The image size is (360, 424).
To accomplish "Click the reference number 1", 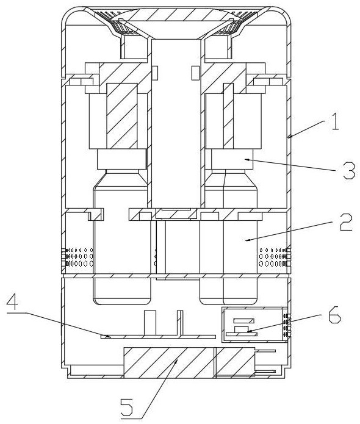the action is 335,123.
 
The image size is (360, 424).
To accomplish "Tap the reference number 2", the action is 346,222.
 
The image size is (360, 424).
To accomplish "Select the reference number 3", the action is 349,171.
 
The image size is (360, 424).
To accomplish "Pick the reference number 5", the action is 127,408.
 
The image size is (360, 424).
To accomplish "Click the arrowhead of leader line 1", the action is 289,137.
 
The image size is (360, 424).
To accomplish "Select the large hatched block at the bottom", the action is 189,362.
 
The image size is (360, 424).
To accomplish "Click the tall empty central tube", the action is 176,124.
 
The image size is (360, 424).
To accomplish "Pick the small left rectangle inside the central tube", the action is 155,73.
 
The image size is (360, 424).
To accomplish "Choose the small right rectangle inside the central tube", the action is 195,73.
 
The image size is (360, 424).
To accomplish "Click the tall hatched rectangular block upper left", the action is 122,116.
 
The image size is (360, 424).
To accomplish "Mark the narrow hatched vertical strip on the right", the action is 228,116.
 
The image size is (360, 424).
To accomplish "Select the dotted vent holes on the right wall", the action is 274,257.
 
